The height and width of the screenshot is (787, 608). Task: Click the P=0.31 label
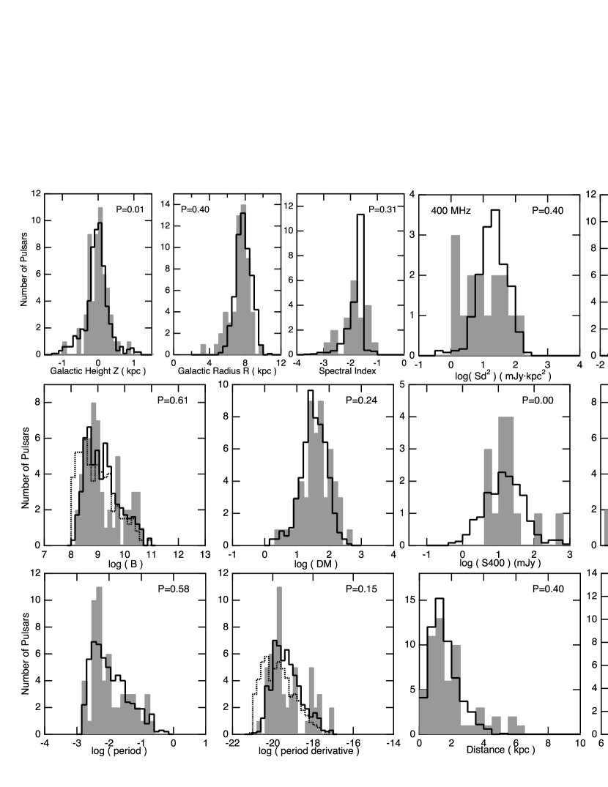[382, 210]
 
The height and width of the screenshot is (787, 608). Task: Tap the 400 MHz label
[451, 211]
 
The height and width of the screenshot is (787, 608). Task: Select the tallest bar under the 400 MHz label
[456, 293]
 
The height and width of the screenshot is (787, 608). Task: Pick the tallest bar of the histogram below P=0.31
[355, 315]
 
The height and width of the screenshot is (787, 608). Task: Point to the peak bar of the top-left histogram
[100, 278]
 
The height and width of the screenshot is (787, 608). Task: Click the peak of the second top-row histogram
[243, 278]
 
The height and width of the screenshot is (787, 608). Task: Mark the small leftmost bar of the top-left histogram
[64, 347]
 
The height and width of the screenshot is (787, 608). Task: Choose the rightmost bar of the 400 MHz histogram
[521, 334]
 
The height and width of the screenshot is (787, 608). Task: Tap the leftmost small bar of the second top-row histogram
[203, 348]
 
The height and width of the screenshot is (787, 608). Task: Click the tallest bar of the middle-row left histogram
[93, 469]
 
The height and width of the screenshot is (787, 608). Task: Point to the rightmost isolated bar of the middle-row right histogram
[560, 528]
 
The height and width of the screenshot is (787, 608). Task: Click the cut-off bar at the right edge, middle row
[605, 527]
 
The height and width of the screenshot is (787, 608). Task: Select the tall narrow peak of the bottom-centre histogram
[279, 659]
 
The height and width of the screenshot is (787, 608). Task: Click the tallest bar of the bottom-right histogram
[440, 674]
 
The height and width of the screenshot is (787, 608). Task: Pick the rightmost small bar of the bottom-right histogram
[520, 728]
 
